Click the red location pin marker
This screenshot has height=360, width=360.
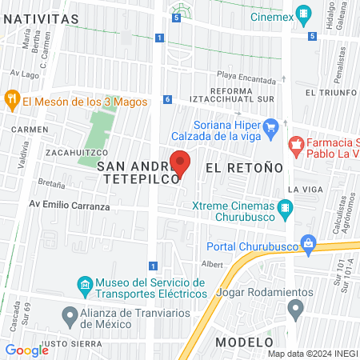181,163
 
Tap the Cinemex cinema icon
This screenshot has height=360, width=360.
303,14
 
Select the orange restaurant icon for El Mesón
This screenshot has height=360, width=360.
11,101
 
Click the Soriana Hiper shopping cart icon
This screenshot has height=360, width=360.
270,126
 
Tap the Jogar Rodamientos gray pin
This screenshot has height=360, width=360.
296,307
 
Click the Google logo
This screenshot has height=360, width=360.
26,350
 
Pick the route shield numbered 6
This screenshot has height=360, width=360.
167,99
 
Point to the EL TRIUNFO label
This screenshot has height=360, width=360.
330,93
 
